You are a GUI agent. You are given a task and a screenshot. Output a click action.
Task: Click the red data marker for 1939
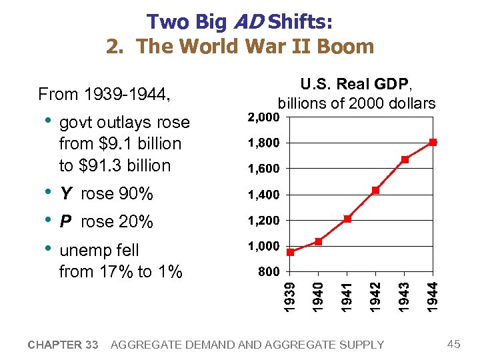click(x=290, y=253)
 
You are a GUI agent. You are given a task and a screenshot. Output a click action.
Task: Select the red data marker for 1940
click(x=319, y=241)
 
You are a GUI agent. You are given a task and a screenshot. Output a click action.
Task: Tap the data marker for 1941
click(x=347, y=219)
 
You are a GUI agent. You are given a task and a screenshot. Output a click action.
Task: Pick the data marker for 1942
click(x=376, y=190)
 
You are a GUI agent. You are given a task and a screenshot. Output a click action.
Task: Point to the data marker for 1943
click(x=405, y=159)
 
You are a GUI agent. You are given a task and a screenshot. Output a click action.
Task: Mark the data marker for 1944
click(x=433, y=142)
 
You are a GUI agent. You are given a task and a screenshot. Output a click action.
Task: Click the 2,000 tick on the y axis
click(x=264, y=117)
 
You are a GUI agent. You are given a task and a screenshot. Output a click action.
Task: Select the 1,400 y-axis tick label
click(x=264, y=195)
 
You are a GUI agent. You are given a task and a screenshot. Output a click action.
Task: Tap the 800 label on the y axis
click(x=269, y=272)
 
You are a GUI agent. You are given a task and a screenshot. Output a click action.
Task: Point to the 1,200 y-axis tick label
click(x=264, y=221)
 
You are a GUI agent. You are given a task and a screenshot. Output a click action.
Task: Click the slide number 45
click(x=454, y=344)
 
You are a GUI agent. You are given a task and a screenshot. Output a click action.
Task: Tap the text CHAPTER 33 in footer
click(x=63, y=345)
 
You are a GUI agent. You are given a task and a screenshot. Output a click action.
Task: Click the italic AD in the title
click(x=247, y=22)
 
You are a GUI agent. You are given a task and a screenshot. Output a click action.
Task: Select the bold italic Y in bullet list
click(x=65, y=194)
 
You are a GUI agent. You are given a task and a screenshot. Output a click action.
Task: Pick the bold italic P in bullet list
click(x=65, y=222)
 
